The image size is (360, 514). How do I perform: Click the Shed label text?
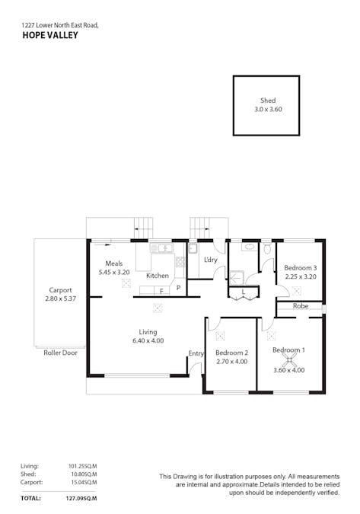click(267, 100)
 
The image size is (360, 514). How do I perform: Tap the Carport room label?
click(61, 290)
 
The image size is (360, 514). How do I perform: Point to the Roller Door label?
click(60, 353)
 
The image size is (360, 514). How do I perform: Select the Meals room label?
click(113, 263)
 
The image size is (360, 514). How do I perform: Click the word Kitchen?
click(158, 276)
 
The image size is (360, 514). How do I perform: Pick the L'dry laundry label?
click(211, 260)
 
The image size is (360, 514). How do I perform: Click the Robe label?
click(301, 306)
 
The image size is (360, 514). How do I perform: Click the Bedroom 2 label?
click(231, 353)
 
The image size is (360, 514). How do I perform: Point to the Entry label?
click(196, 353)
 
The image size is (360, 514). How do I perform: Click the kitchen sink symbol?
click(161, 247)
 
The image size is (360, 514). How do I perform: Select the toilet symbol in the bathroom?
click(267, 249)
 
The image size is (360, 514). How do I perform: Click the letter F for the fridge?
click(161, 291)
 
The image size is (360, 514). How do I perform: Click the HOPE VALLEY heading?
click(50, 35)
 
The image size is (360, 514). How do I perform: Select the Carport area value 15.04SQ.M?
click(80, 482)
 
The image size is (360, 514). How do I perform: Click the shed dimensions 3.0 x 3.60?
click(268, 109)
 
